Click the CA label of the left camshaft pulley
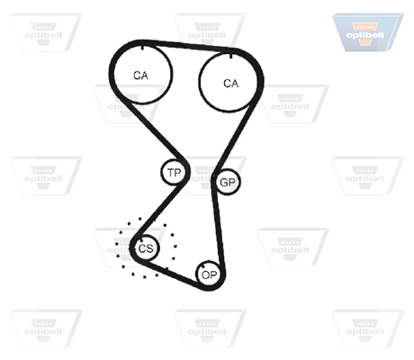(140, 76)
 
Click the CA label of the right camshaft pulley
(231, 83)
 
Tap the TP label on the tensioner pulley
(175, 173)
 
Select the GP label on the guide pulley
(228, 182)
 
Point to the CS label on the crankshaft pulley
(146, 248)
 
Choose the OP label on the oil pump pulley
(209, 274)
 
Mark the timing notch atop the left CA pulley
(143, 47)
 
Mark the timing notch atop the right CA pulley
(230, 56)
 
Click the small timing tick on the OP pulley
(203, 266)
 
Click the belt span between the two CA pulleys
(187, 46)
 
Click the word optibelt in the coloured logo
(364, 35)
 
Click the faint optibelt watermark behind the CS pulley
(129, 247)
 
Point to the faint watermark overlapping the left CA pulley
(129, 103)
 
